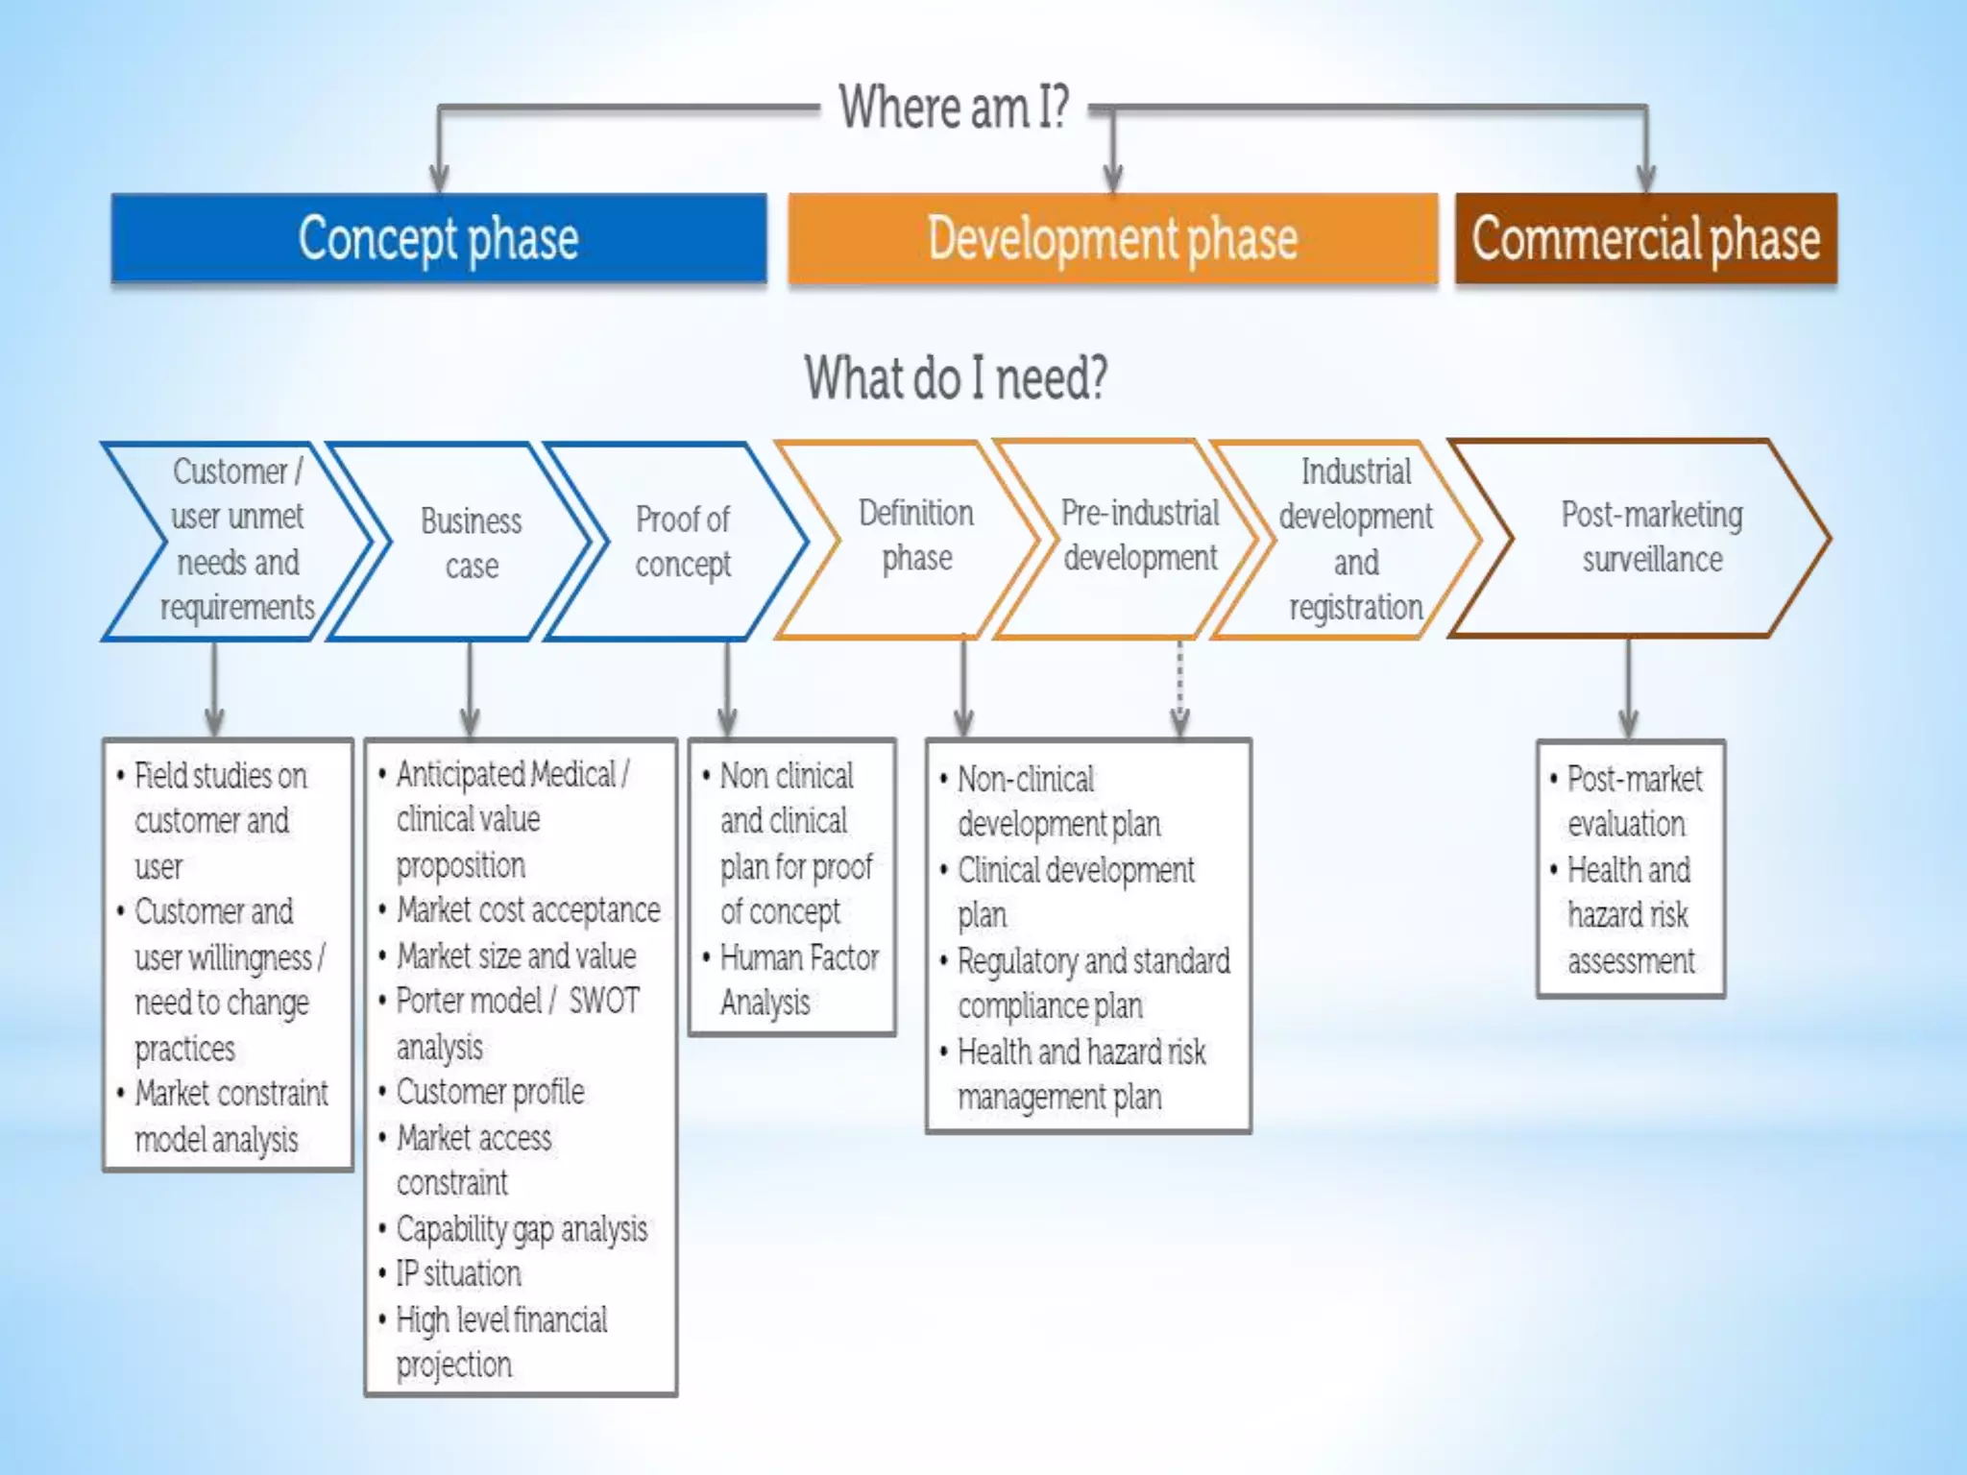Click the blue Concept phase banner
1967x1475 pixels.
(439, 238)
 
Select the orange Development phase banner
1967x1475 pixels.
(1112, 238)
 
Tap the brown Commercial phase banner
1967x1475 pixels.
(1645, 238)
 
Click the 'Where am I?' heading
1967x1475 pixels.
(954, 107)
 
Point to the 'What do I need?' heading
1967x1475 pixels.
(956, 377)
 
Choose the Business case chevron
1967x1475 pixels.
(471, 543)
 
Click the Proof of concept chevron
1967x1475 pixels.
(683, 542)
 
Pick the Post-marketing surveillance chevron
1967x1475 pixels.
(1651, 538)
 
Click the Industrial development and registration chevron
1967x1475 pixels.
(1355, 539)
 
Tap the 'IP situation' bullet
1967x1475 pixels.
(458, 1274)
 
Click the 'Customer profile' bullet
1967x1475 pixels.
(490, 1092)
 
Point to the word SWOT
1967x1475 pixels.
(603, 1001)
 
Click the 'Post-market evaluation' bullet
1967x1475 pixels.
(1633, 801)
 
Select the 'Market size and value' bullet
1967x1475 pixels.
(516, 956)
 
